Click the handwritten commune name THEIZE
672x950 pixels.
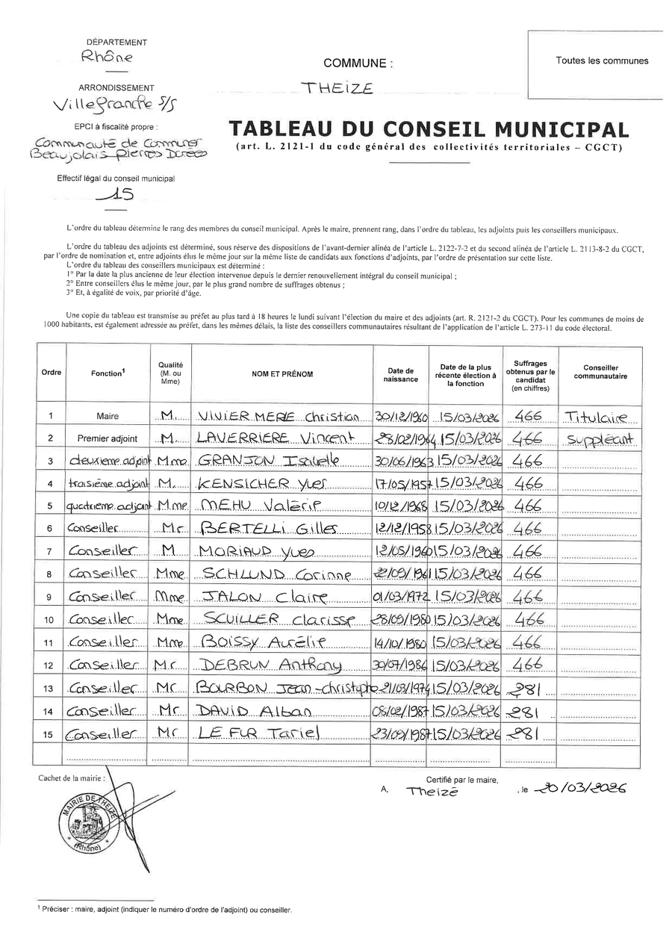coord(336,88)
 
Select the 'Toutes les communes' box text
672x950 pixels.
coord(602,61)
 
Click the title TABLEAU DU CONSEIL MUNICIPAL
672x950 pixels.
coord(429,128)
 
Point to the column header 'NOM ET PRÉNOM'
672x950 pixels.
coord(282,373)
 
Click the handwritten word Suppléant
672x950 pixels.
coord(601,439)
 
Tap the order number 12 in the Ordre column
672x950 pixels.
coord(50,665)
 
